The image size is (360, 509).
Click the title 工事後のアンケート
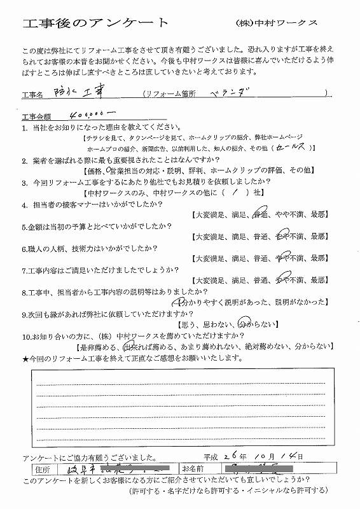[x=96, y=24]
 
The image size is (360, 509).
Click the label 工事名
[x=32, y=95]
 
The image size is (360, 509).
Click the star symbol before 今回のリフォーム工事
[x=25, y=359]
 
